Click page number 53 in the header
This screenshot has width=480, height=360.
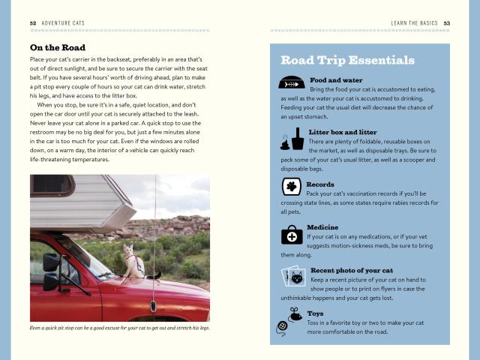click(x=446, y=23)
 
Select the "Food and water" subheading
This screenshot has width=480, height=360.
click(x=336, y=79)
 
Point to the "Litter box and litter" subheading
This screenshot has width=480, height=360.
click(x=343, y=132)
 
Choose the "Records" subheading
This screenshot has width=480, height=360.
click(x=320, y=184)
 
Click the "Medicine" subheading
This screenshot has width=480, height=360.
click(x=322, y=227)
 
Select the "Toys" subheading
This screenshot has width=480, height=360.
click(x=315, y=313)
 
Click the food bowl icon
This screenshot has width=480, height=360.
click(x=291, y=82)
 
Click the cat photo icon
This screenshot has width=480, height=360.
click(x=292, y=277)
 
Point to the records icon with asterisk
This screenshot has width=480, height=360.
click(x=291, y=186)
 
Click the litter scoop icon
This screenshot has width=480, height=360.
click(x=292, y=138)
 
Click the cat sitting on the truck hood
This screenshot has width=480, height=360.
click(x=132, y=261)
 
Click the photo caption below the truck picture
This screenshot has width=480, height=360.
click(x=120, y=328)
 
